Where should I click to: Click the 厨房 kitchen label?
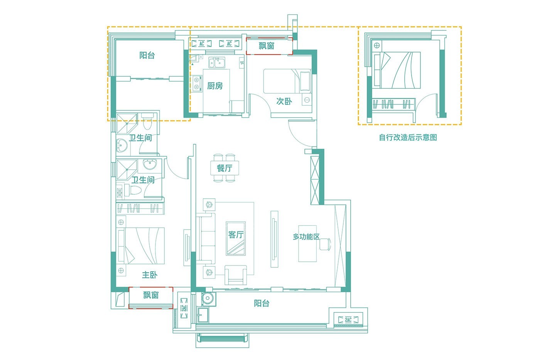point(215,86)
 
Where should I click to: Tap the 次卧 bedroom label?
point(284,101)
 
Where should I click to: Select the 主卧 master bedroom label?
point(150,275)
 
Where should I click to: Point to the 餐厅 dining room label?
point(224,168)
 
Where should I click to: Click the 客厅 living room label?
point(236,234)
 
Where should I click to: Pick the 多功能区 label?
point(306,237)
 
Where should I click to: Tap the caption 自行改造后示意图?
point(408,137)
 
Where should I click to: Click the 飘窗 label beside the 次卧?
point(267,46)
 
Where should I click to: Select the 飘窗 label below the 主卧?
point(151,295)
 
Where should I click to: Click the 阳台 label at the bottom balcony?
point(262,303)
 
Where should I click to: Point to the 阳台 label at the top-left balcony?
point(147,55)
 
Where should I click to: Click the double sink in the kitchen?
point(217,63)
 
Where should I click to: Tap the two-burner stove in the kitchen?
point(197,83)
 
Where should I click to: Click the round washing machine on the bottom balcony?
point(208,299)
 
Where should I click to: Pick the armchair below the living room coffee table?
point(236,275)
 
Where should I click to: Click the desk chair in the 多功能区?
point(325,244)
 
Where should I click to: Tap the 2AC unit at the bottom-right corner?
point(348,320)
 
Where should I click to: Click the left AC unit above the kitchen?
point(201,44)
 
